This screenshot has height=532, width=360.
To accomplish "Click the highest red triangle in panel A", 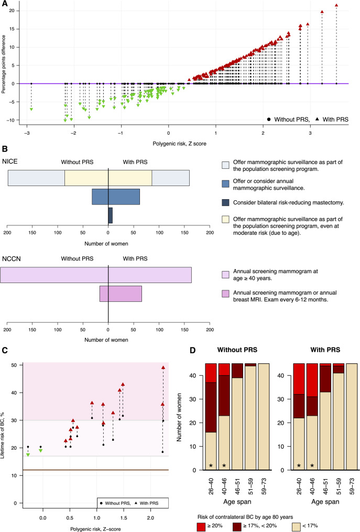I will [x=336, y=6].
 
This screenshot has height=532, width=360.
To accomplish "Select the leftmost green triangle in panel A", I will [x=31, y=109].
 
